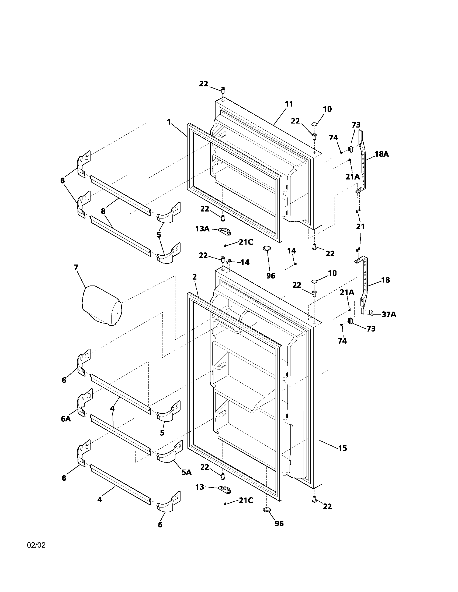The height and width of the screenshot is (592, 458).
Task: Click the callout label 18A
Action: (x=382, y=154)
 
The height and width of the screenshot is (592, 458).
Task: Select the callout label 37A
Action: (x=388, y=314)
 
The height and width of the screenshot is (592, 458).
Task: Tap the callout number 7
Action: (x=76, y=267)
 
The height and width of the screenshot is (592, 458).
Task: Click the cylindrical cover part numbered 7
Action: (x=102, y=305)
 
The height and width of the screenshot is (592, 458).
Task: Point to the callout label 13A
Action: (x=203, y=229)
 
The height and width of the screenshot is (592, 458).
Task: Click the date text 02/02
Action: (x=36, y=545)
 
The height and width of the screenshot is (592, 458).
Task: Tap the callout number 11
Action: (x=289, y=104)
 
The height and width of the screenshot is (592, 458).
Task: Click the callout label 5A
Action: (x=186, y=472)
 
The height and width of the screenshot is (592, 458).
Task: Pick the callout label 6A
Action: (x=66, y=419)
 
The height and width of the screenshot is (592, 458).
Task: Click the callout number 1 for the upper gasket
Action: (x=169, y=122)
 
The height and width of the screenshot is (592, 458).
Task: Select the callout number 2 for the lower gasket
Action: (x=194, y=277)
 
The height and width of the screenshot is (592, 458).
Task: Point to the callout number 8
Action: (x=103, y=211)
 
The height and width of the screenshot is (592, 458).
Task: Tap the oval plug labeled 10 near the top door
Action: (x=314, y=124)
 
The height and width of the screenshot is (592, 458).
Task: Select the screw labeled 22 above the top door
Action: (x=223, y=89)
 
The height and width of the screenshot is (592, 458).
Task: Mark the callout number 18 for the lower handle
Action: (x=385, y=280)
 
